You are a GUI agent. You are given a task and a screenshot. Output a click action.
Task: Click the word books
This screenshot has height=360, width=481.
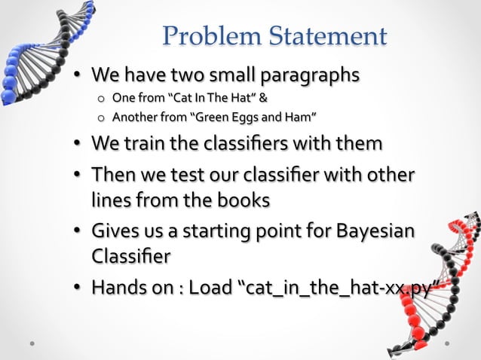(240, 200)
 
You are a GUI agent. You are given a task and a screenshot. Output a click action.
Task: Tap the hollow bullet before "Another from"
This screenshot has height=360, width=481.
(100, 117)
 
